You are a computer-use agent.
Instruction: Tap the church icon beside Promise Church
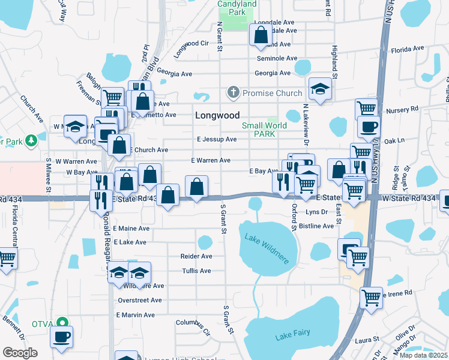tap(233, 93)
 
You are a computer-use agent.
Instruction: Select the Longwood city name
tap(217, 115)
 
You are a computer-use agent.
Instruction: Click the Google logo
tap(20, 352)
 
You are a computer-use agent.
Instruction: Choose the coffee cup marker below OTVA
tap(61, 336)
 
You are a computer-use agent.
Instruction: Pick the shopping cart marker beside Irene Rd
tap(370, 296)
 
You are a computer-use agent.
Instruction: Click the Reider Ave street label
tap(196, 256)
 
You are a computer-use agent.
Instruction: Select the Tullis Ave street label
tap(196, 271)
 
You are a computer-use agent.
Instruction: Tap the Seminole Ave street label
tap(277, 59)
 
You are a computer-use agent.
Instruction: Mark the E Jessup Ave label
tap(216, 139)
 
